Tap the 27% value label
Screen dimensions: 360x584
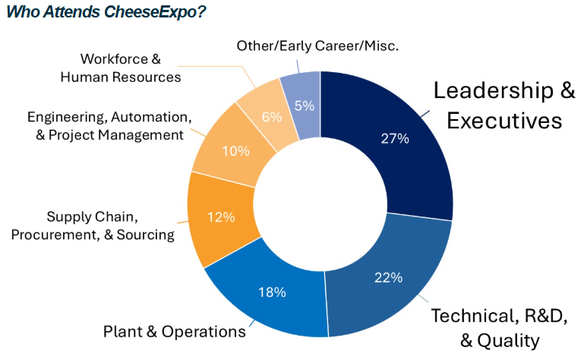[x=395, y=138]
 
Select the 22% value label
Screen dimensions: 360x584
[x=387, y=278]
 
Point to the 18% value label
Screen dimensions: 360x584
[x=271, y=292]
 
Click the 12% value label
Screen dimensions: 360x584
[x=221, y=216]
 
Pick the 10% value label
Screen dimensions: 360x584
[x=235, y=151]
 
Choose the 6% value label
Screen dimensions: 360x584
[x=271, y=117]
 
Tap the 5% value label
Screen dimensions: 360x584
[x=305, y=106]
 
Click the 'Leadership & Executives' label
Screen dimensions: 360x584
[x=504, y=105]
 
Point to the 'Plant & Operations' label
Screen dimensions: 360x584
[x=174, y=332]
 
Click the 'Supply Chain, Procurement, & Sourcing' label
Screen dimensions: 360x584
[x=93, y=226]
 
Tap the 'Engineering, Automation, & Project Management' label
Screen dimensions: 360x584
[x=109, y=126]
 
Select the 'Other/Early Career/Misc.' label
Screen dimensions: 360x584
[x=317, y=46]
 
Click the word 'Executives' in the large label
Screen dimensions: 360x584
[x=504, y=121]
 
